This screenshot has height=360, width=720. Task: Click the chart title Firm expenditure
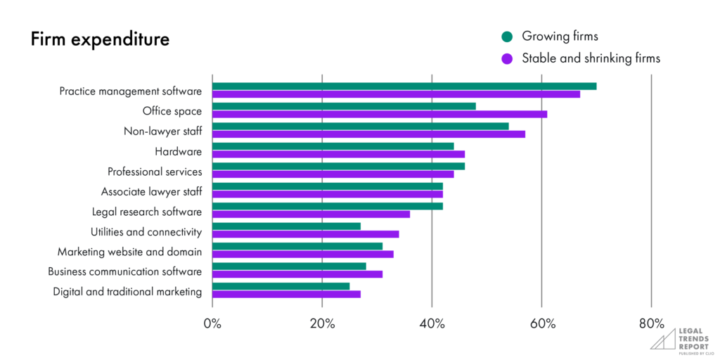(x=100, y=39)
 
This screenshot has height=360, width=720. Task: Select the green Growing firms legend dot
(x=506, y=37)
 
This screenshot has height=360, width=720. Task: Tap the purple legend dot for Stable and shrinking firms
(x=506, y=58)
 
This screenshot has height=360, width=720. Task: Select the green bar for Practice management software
(x=404, y=86)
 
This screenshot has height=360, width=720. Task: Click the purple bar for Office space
(x=380, y=114)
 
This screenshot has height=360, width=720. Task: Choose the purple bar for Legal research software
(x=311, y=214)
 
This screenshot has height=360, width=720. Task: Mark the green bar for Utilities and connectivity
(x=286, y=226)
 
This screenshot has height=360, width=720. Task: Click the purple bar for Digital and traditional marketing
(x=286, y=294)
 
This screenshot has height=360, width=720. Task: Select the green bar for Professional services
(x=338, y=166)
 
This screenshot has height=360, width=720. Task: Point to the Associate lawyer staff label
(x=151, y=191)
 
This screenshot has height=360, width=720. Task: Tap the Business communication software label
(x=124, y=271)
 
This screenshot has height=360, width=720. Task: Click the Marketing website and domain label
(x=129, y=252)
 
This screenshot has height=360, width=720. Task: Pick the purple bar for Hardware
(x=338, y=153)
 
